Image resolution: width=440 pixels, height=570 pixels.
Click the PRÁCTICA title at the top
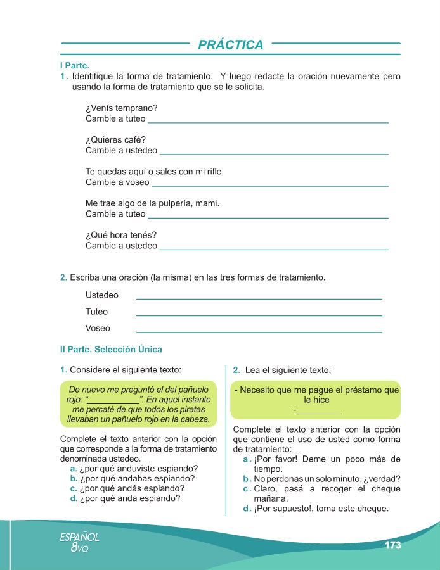click(231, 45)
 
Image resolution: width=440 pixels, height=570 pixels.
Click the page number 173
click(393, 545)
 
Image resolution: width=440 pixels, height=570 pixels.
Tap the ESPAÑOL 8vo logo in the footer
click(79, 542)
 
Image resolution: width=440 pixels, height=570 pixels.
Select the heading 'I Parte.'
click(74, 65)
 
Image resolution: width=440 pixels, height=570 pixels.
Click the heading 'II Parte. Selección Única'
click(111, 349)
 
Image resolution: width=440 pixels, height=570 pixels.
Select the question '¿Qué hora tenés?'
click(121, 235)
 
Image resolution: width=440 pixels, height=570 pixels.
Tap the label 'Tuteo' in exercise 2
click(97, 312)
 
